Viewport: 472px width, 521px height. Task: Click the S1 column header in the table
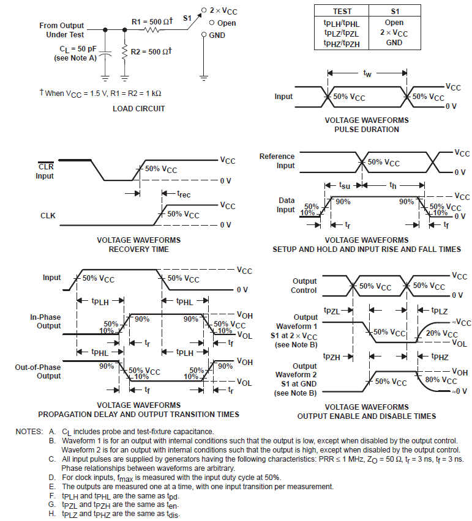395,12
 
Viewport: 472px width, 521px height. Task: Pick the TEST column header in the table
342,12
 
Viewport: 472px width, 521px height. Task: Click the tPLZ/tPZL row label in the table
342,34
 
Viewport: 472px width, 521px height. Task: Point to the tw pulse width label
367,73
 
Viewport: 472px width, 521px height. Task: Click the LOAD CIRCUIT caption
139,109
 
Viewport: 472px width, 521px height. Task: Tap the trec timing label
184,194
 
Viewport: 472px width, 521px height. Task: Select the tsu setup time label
345,183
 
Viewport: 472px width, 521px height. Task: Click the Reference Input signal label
277,161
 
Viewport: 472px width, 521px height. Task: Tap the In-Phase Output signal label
45,322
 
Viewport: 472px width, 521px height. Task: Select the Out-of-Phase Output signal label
39,371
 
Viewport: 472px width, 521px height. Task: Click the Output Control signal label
304,286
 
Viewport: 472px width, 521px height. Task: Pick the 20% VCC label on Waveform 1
441,334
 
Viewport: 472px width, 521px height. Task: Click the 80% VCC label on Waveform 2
441,380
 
